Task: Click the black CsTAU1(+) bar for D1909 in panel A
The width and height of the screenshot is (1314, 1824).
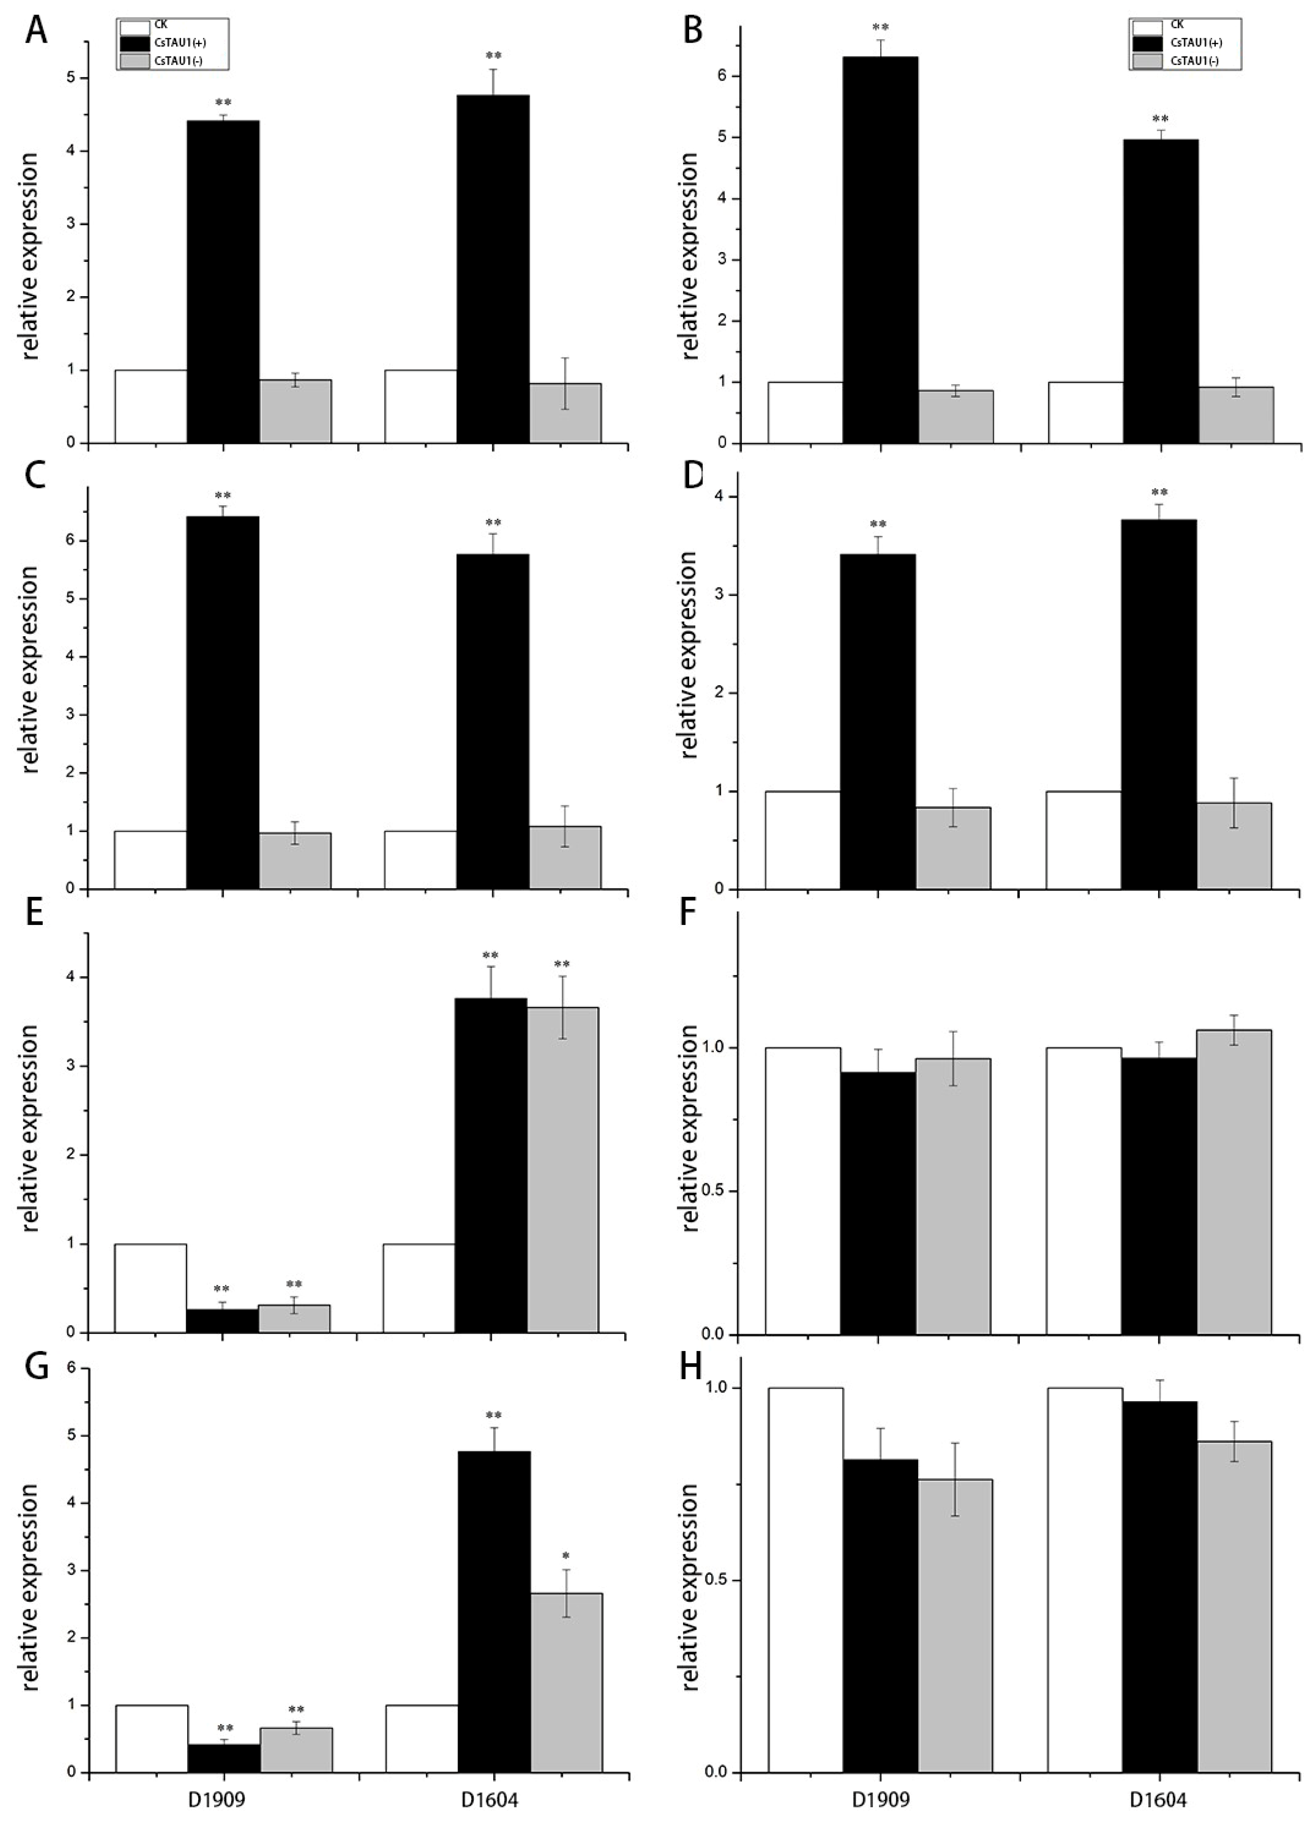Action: point(223,282)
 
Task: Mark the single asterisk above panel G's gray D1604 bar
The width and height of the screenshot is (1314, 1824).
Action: point(566,1556)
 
